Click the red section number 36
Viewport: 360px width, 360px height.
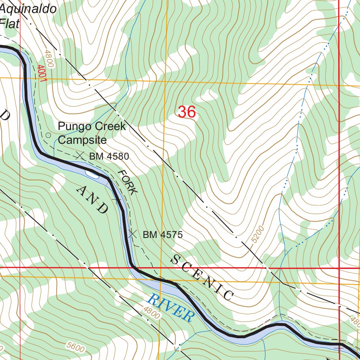click(186, 112)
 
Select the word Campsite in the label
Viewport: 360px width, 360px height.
click(82, 140)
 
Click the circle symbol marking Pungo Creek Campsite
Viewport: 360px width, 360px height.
click(49, 135)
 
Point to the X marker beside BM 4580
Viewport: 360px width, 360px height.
click(80, 155)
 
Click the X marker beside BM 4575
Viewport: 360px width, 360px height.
click(133, 234)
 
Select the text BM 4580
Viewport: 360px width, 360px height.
click(109, 156)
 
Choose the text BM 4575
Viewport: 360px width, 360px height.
click(162, 235)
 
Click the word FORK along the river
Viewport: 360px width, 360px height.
click(127, 182)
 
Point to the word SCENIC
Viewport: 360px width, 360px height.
click(202, 278)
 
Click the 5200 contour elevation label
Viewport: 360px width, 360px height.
click(258, 235)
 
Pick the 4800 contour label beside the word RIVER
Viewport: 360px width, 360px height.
click(152, 313)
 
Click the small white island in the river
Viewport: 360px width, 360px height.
click(90, 173)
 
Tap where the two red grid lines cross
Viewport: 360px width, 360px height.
click(339, 268)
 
